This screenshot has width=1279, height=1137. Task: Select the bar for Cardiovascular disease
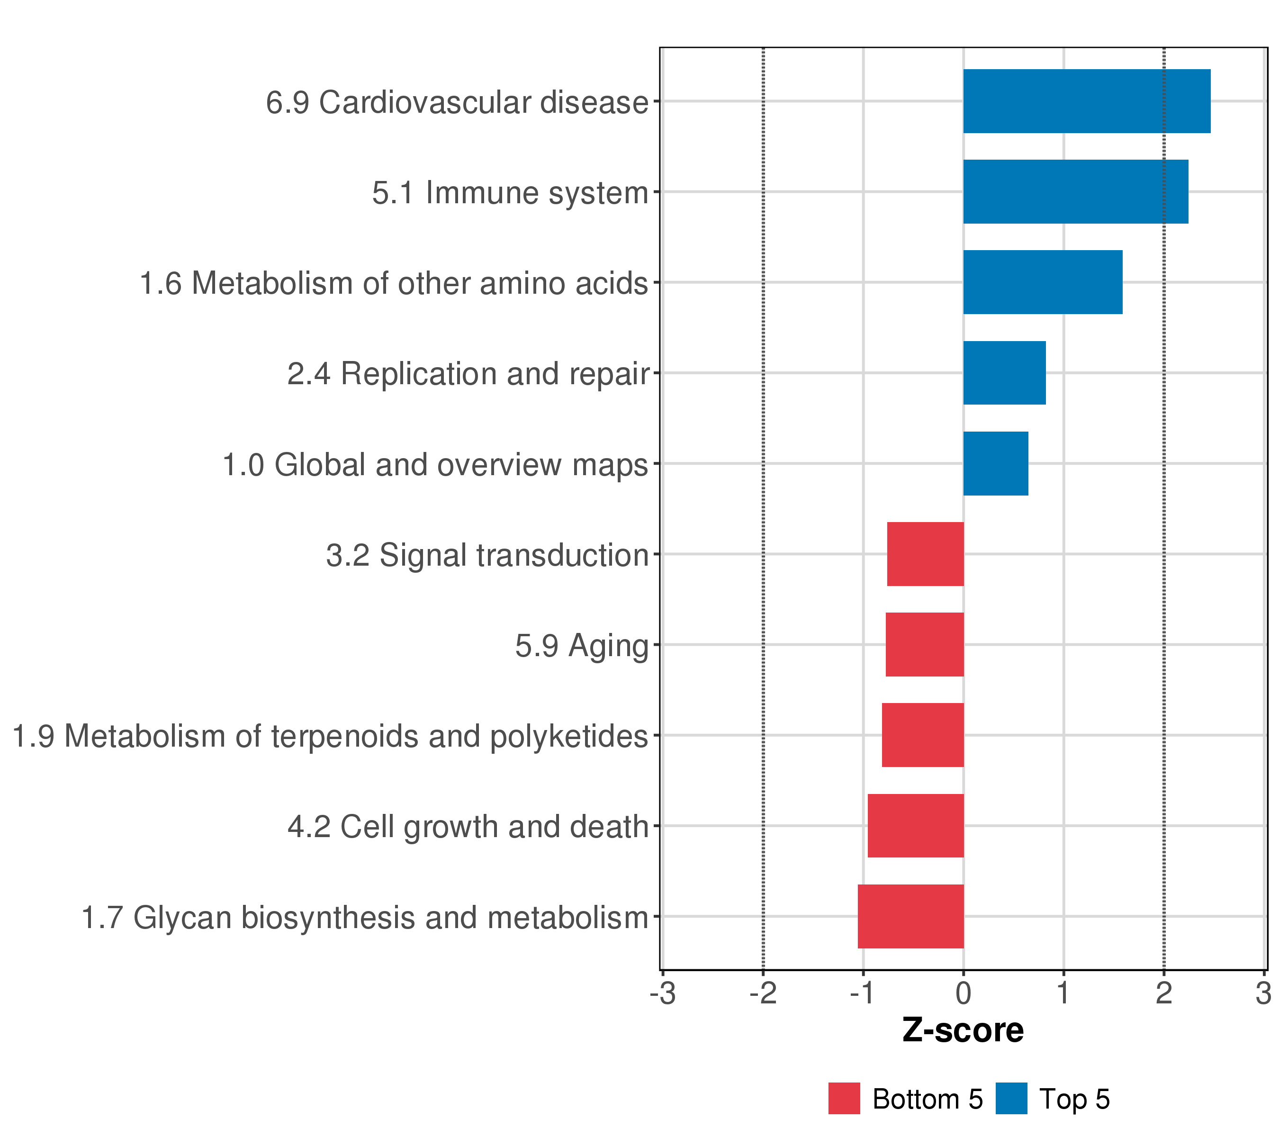(1086, 101)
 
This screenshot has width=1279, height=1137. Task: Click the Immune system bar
(1075, 191)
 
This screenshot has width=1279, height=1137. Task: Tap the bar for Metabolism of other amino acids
(1043, 282)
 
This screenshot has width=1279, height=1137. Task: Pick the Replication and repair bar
(1004, 373)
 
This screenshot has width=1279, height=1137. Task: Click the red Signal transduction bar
(926, 554)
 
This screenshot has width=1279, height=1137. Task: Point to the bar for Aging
(925, 644)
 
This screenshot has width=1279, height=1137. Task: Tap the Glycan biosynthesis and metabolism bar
(910, 916)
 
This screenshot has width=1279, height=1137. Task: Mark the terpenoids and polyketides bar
(923, 735)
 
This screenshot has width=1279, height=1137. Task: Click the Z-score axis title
(963, 1030)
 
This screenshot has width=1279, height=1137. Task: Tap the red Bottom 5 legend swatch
(844, 1099)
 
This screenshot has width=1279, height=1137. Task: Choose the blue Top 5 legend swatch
(1011, 1099)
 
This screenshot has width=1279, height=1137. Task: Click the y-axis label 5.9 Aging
(581, 646)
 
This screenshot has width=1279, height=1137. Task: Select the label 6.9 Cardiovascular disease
(457, 102)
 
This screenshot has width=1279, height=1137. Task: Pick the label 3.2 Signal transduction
(487, 555)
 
